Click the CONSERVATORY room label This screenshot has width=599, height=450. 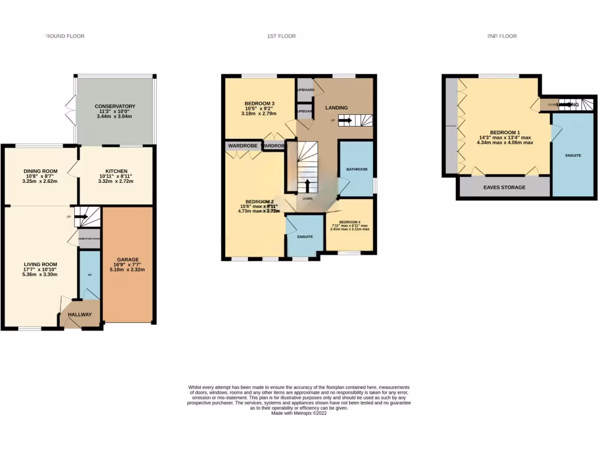tap(115, 106)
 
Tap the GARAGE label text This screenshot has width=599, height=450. tap(128, 259)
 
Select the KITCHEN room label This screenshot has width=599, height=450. tap(116, 172)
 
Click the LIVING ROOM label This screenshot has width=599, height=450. tap(39, 264)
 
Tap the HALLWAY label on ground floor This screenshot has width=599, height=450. tap(80, 315)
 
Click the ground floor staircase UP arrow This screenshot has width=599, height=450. tap(82, 217)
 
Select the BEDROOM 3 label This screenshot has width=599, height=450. tap(260, 104)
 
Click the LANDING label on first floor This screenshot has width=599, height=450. tap(336, 107)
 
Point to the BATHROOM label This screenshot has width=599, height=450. tap(356, 169)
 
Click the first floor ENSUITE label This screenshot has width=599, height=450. tap(305, 237)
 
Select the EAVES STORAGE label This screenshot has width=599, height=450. tap(504, 187)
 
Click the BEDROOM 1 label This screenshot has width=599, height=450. tap(505, 132)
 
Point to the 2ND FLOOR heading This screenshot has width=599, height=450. tap(502, 36)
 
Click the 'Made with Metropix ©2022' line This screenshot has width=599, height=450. tap(299, 412)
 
